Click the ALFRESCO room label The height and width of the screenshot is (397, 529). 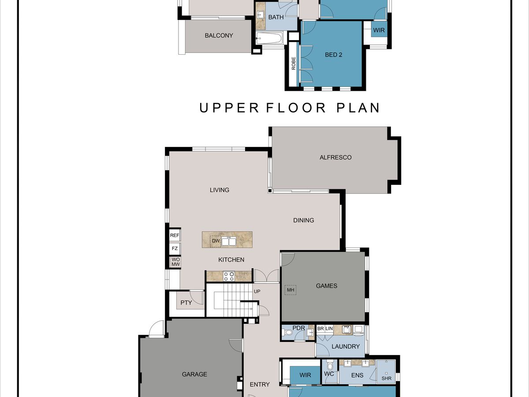coord(335,157)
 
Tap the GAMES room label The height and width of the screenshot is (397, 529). coord(327,286)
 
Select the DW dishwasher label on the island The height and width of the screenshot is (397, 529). coord(216,240)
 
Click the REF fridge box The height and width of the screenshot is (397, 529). coord(175,235)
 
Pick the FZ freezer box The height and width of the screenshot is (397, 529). coord(175,248)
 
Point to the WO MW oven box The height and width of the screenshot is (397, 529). coord(176,262)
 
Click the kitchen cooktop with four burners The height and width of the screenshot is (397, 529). coord(229,276)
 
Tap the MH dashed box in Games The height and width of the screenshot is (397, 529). coord(291,290)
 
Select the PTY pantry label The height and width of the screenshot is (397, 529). coord(186,303)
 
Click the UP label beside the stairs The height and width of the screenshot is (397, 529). coord(257,291)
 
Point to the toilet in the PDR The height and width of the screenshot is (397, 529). coord(288,333)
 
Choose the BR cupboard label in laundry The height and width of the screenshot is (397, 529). coord(320,329)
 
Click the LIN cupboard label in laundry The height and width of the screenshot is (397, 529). coord(329,329)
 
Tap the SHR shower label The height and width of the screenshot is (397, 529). coord(386,378)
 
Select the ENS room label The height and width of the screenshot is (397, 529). coord(357,375)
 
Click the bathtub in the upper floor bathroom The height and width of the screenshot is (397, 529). coord(269,38)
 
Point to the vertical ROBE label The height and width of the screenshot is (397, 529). coord(294,64)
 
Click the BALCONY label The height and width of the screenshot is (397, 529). coord(219,35)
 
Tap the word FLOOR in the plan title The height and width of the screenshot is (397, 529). coord(296,108)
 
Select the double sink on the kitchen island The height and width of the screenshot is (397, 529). coord(229,241)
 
